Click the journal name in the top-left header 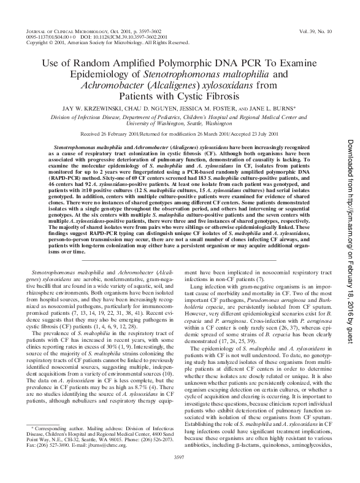(64, 30)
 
